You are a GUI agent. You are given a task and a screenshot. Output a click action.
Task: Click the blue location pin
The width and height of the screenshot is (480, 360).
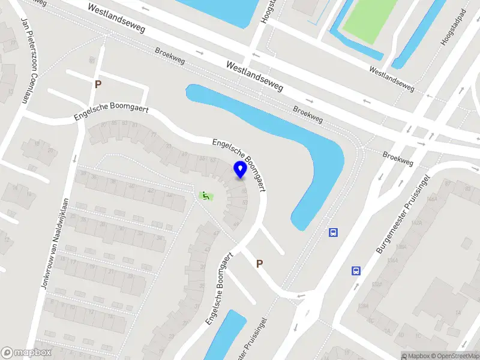(x=240, y=169)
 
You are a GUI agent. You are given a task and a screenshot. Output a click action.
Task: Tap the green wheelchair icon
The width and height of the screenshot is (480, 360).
(x=205, y=195)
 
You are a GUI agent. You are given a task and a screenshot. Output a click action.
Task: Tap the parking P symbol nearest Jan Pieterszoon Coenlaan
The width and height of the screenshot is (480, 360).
(x=97, y=85)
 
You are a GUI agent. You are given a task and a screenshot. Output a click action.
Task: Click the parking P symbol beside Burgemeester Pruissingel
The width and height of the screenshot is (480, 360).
(x=260, y=263)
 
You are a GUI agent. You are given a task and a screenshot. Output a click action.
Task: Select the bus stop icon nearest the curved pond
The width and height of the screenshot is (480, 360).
(x=333, y=232)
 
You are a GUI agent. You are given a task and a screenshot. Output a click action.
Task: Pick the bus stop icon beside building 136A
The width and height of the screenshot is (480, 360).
(x=356, y=271)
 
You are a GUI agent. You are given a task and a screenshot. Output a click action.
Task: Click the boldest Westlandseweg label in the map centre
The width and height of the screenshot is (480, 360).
(x=256, y=76)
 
